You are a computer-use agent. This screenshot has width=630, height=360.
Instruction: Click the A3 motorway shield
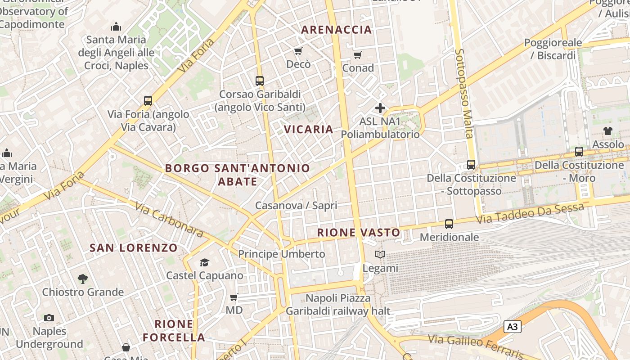click(513, 327)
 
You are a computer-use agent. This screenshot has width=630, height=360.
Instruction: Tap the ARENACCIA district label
click(337, 30)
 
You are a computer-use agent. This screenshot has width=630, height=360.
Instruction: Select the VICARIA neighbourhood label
click(309, 130)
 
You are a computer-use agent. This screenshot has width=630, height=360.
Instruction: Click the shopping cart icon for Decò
click(298, 51)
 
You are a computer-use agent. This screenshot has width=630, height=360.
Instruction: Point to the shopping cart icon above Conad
click(358, 55)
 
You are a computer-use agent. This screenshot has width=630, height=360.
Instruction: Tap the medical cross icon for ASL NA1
click(380, 108)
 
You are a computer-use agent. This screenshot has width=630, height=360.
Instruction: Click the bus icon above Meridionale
click(449, 224)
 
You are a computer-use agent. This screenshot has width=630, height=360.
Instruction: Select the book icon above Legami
click(380, 255)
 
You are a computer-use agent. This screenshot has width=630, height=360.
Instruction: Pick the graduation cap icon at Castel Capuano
click(205, 262)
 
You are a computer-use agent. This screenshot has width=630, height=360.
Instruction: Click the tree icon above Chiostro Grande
click(82, 279)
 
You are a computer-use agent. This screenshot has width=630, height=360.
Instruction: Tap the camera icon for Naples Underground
click(49, 318)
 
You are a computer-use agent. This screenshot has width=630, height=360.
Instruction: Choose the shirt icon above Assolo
click(608, 131)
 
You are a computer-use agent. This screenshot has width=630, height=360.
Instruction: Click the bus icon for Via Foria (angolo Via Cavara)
click(148, 101)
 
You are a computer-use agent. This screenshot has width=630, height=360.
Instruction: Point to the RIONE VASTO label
click(359, 233)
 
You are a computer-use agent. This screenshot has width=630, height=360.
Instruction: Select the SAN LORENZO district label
click(134, 248)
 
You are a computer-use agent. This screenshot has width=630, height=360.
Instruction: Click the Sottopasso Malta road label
click(463, 93)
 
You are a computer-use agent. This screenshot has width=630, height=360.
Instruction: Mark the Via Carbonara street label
click(169, 220)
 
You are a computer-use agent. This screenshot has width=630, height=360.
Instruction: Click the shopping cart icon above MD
click(234, 297)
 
